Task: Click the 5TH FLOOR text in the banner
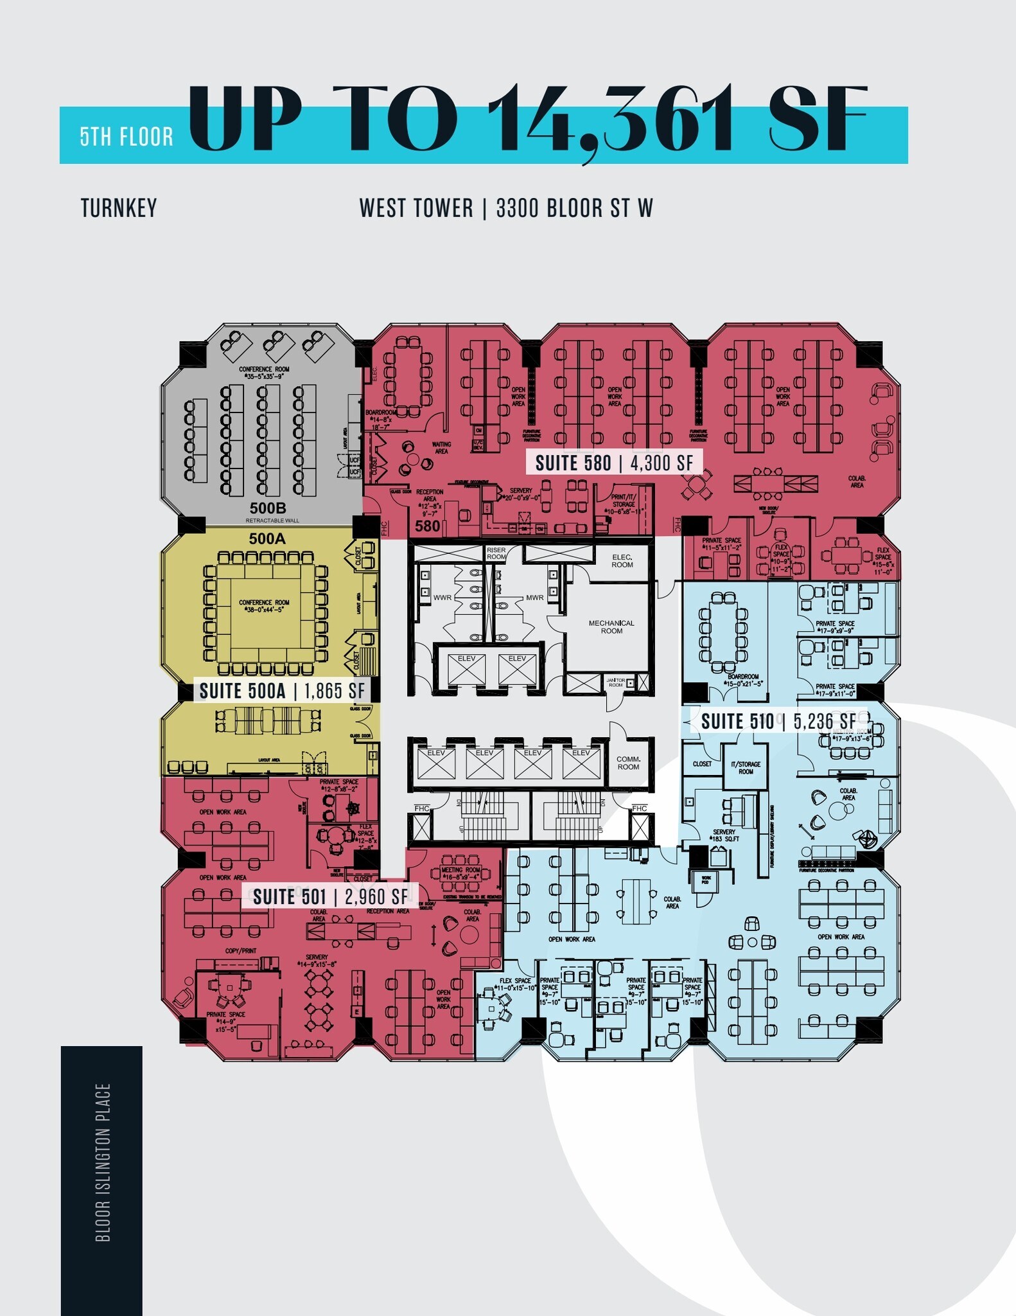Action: click(127, 137)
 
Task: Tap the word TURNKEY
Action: click(119, 208)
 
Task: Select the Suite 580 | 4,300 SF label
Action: click(614, 463)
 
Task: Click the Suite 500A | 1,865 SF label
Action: click(282, 691)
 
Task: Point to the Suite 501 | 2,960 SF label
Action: click(330, 896)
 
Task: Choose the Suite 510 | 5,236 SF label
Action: click(778, 721)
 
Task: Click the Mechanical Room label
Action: click(611, 627)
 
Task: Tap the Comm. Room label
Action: click(628, 763)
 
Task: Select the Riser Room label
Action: click(496, 553)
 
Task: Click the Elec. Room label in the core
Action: click(622, 560)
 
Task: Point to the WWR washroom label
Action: click(442, 598)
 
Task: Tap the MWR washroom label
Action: click(534, 598)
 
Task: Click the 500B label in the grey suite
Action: click(268, 508)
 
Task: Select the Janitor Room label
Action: click(616, 682)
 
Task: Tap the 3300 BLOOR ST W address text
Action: click(574, 208)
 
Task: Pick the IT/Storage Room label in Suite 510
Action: click(746, 767)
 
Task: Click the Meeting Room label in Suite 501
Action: click(460, 873)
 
